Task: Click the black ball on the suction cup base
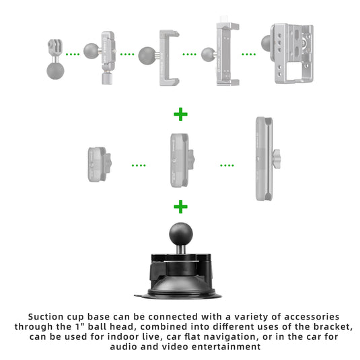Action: pos(181,234)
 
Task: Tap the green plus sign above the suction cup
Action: pos(181,207)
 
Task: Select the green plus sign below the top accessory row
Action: pos(181,114)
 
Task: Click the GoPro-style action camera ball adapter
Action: pos(55,59)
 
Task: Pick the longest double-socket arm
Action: pos(266,159)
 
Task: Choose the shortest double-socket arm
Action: pos(100,164)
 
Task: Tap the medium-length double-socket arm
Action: pos(182,160)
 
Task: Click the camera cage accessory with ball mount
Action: pos(287,53)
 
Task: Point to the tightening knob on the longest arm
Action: pos(276,159)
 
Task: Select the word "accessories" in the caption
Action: pos(312,317)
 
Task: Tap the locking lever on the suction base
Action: pos(157,271)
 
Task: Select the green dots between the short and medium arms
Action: pos(139,166)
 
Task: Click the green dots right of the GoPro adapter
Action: pos(73,55)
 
